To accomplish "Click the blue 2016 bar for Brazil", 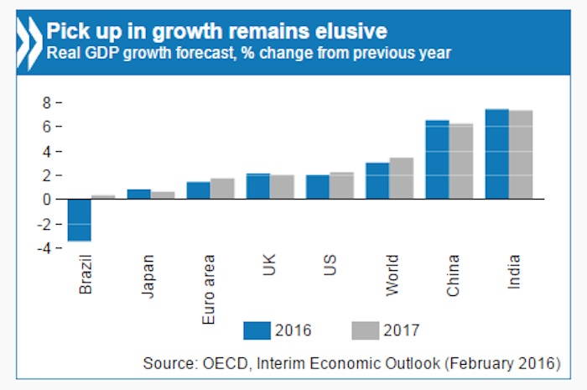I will pyautogui.click(x=80, y=220).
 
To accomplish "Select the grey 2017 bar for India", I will pyautogui.click(x=521, y=154).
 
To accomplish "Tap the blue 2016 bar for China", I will pyautogui.click(x=437, y=159).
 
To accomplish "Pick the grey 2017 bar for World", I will pyautogui.click(x=402, y=178).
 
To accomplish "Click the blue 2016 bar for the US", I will pyautogui.click(x=318, y=187).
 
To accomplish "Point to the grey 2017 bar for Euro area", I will pyautogui.click(x=222, y=189).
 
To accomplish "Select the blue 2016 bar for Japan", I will pyautogui.click(x=139, y=194).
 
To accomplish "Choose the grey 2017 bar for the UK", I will pyautogui.click(x=282, y=187).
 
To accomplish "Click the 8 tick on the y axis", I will pyautogui.click(x=49, y=102).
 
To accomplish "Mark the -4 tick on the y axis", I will pyautogui.click(x=46, y=248).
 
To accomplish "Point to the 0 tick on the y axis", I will pyautogui.click(x=49, y=200).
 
